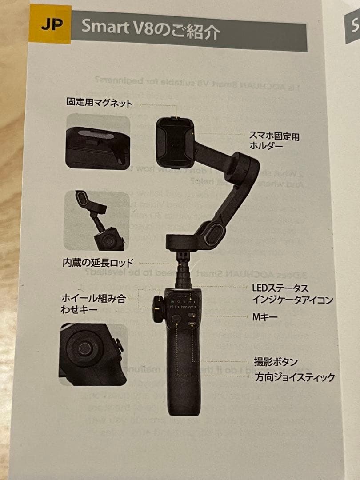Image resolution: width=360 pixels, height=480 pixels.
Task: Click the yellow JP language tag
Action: [50, 24]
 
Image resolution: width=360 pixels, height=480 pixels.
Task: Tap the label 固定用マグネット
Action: [100, 103]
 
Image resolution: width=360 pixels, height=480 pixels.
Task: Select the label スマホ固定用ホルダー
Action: [274, 141]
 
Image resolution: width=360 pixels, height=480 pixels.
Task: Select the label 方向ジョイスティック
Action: [294, 378]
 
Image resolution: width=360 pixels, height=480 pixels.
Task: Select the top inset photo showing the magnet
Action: [98, 141]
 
